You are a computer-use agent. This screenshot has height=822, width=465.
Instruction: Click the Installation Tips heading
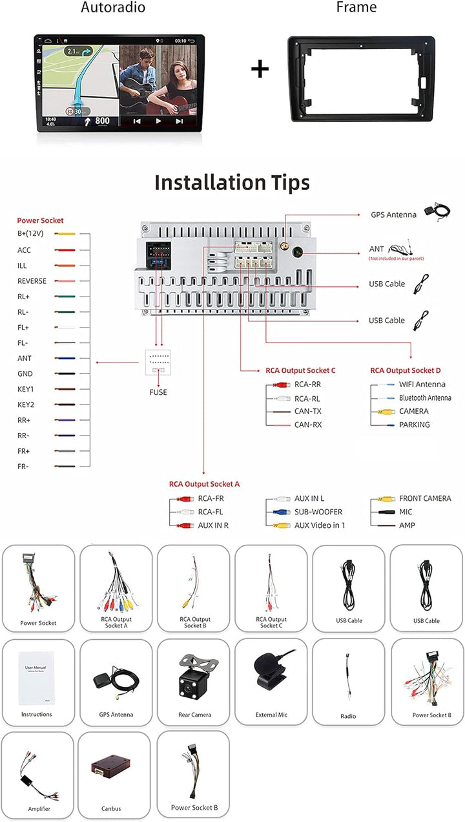(232, 183)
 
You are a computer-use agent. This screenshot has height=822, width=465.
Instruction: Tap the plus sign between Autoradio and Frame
(260, 68)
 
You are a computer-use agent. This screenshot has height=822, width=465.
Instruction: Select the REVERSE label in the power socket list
(32, 281)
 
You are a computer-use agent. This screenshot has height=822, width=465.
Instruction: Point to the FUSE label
(158, 392)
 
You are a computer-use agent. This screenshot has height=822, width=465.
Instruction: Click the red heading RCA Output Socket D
(406, 371)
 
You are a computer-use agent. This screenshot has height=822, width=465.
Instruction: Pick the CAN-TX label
(307, 411)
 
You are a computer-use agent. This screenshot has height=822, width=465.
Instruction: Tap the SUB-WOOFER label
(318, 512)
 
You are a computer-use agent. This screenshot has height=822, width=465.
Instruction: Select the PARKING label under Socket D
(414, 425)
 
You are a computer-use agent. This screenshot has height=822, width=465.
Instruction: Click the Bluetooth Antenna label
(425, 398)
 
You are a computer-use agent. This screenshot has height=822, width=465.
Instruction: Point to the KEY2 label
(26, 405)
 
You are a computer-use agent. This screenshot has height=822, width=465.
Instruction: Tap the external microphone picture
(271, 672)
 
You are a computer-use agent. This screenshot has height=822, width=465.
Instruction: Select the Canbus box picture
(110, 768)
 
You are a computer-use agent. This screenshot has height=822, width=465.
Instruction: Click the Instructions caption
(36, 714)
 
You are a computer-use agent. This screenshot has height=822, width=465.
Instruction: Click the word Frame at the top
(356, 8)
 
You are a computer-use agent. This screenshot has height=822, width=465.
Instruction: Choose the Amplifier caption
(39, 809)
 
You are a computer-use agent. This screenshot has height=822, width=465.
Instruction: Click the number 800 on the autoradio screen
(102, 120)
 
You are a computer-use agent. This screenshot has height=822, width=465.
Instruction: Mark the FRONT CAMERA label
(425, 499)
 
